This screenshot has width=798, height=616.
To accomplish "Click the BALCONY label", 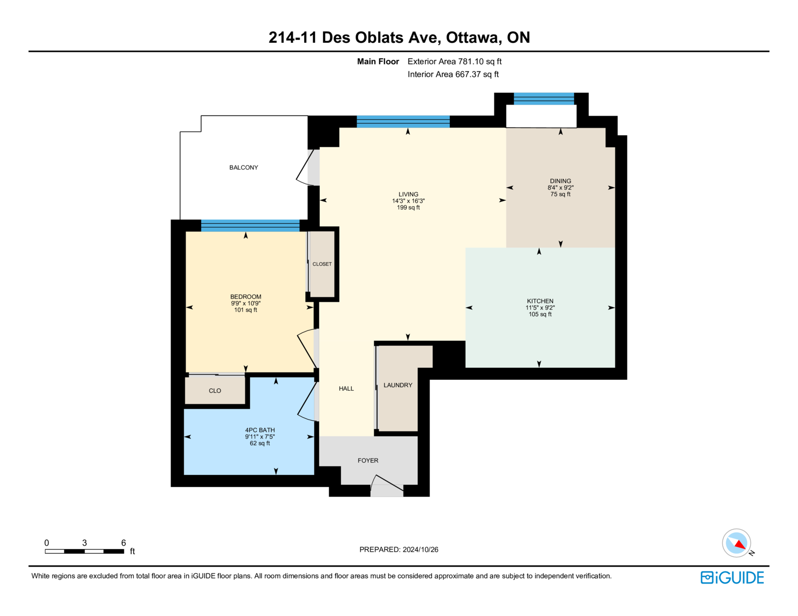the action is pyautogui.click(x=243, y=167).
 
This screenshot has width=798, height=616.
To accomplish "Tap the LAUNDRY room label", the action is pyautogui.click(x=398, y=385).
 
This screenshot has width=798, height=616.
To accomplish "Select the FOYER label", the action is pyautogui.click(x=368, y=461).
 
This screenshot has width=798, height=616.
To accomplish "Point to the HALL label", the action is pyautogui.click(x=346, y=389).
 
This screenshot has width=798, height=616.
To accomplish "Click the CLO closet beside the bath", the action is pyautogui.click(x=215, y=391).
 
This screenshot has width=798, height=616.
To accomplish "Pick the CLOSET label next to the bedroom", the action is pyautogui.click(x=322, y=264).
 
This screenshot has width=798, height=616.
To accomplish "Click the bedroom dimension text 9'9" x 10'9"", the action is pyautogui.click(x=246, y=304).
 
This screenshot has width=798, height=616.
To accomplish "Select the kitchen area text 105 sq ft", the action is pyautogui.click(x=540, y=314).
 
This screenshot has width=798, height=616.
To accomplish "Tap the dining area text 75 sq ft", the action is pyautogui.click(x=561, y=194).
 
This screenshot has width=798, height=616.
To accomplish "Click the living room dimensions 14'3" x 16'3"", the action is pyautogui.click(x=408, y=201).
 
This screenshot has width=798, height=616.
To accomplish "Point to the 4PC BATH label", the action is pyautogui.click(x=260, y=430).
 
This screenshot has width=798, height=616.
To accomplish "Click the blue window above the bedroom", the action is pyautogui.click(x=250, y=225).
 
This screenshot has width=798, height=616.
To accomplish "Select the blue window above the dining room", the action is pyautogui.click(x=544, y=99).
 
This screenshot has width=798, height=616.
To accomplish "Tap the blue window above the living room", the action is pyautogui.click(x=403, y=122).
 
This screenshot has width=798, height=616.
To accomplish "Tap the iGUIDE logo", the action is pyautogui.click(x=732, y=578).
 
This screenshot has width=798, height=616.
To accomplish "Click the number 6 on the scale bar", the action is pyautogui.click(x=123, y=543).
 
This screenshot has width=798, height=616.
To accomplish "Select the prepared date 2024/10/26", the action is pyautogui.click(x=420, y=550).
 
